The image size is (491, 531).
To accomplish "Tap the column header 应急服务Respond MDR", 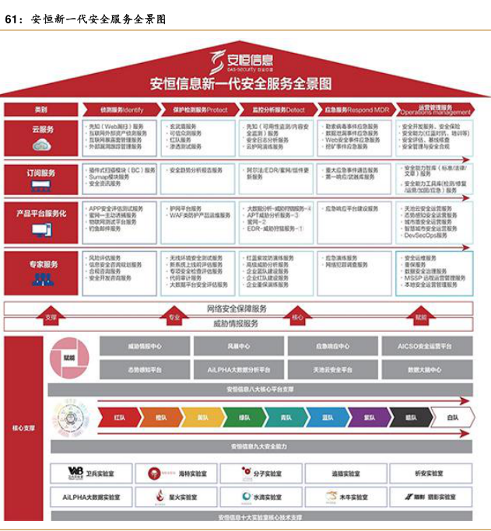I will click(356, 110).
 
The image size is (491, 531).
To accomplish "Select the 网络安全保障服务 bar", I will click(237, 308).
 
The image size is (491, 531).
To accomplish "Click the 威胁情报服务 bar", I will click(237, 323).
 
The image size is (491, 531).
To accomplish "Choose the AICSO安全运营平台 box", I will click(424, 346).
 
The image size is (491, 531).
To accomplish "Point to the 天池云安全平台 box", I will click(332, 370).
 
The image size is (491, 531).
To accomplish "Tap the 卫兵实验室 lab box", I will click(91, 473).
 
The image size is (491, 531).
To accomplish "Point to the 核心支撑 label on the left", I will click(23, 428).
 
